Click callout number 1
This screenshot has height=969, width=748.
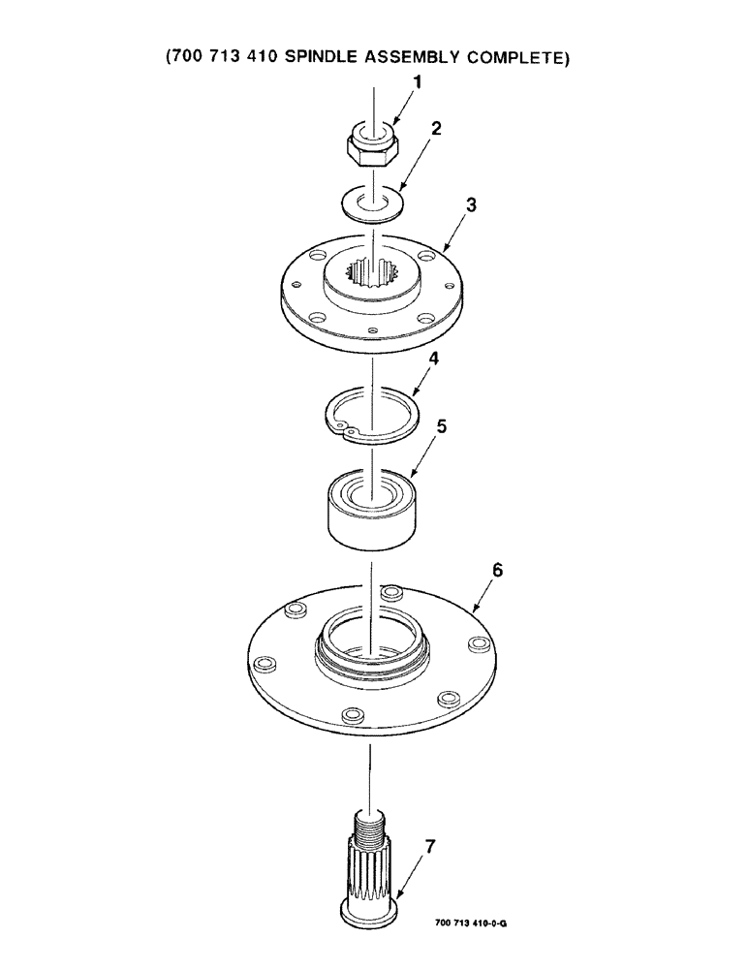coord(419,84)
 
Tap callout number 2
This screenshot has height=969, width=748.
coord(436,130)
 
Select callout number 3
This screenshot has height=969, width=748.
coord(470,205)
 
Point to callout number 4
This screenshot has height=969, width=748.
coord(434,359)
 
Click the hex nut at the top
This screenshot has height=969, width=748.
coord(373,144)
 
